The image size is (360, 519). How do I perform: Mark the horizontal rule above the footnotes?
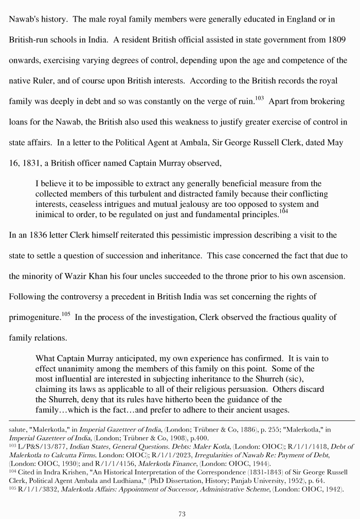[x=180, y=420]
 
